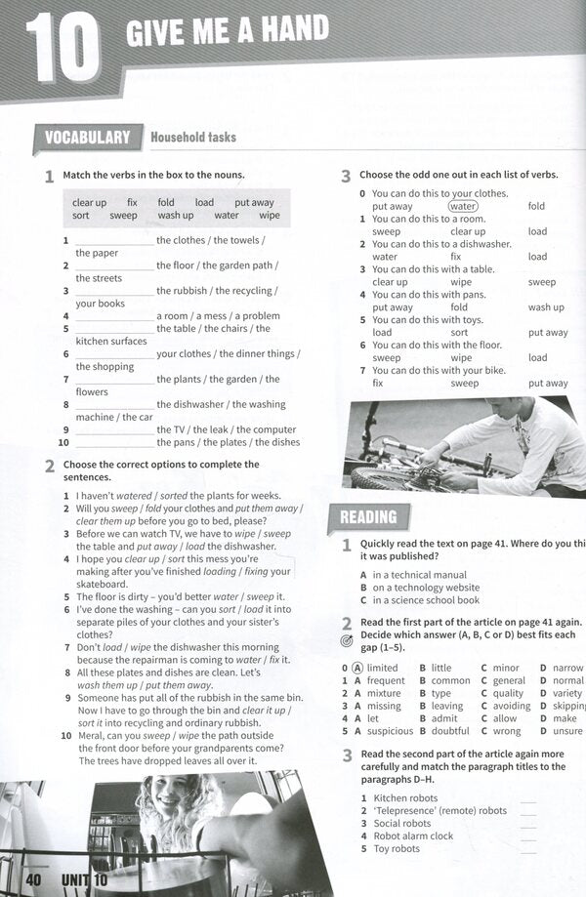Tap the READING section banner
point(368,517)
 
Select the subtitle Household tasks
point(192,138)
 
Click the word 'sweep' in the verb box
point(123,216)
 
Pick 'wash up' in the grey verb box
point(176,216)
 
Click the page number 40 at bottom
point(35,882)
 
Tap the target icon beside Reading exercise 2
point(347,641)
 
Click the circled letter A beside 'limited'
point(357,668)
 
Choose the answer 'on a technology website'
point(426,588)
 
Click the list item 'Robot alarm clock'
point(413,836)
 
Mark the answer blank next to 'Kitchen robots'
point(528,798)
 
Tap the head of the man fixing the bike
point(531,419)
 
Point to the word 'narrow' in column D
point(567,668)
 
